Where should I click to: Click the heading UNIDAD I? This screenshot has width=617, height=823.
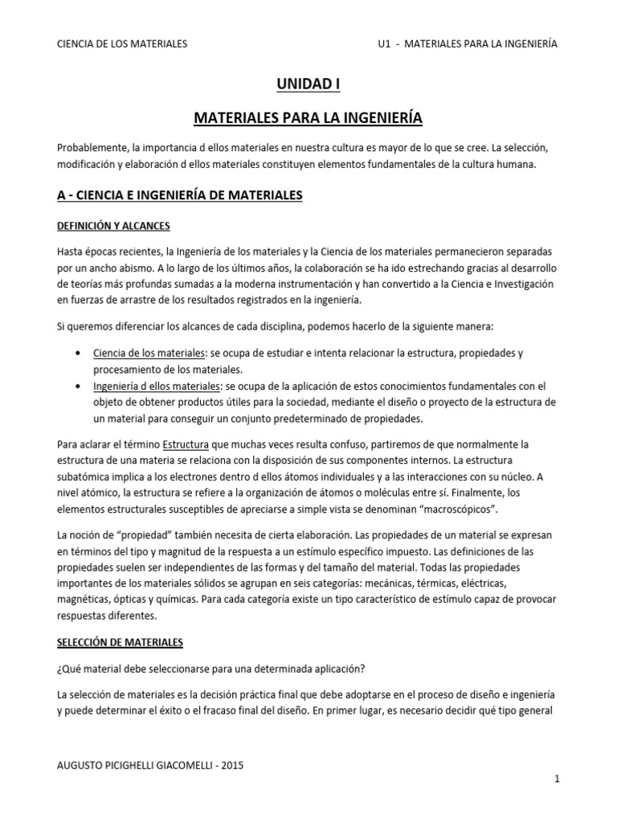click(308, 83)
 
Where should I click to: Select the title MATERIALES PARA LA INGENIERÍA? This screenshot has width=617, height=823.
click(308, 119)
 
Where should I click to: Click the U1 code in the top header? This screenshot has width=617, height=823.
click(383, 43)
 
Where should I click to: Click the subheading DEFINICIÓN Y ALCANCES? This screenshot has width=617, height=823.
click(113, 225)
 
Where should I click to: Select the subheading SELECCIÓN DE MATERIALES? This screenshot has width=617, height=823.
click(121, 642)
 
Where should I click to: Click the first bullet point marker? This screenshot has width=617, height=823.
click(76, 354)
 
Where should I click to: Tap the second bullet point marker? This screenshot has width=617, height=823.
click(76, 386)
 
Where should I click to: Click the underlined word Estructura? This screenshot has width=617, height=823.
click(187, 444)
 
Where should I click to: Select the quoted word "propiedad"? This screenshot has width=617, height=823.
click(139, 534)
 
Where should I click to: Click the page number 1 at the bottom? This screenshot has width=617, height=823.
click(556, 779)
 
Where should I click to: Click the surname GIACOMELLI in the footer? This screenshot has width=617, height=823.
click(174, 766)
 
